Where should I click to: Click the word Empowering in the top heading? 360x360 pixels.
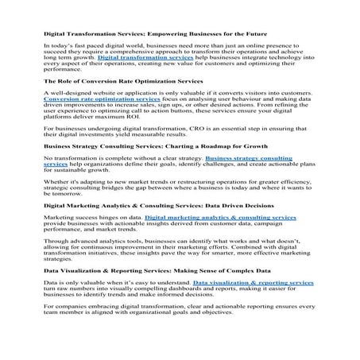[x=171, y=34]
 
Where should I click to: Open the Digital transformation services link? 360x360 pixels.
[x=146, y=58]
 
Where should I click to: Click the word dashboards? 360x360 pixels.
[x=198, y=289]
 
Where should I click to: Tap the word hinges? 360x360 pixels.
[x=110, y=216]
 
